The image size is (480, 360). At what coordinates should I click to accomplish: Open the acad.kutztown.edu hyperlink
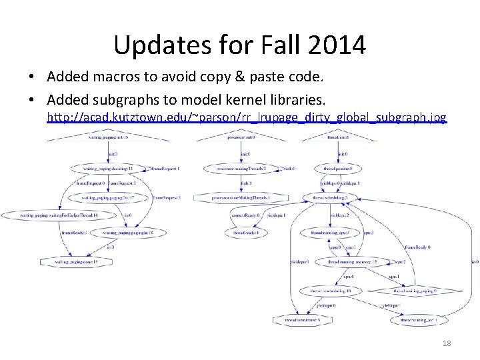pyautogui.click(x=246, y=118)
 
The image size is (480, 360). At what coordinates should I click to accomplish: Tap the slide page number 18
pyautogui.click(x=446, y=343)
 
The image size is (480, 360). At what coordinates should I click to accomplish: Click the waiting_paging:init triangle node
pyautogui.click(x=107, y=137)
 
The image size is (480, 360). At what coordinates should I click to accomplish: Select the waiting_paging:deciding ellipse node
pyautogui.click(x=107, y=169)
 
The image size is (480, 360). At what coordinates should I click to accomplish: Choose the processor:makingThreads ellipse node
pyautogui.click(x=241, y=169)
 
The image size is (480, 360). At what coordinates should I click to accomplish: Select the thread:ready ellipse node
pyautogui.click(x=245, y=233)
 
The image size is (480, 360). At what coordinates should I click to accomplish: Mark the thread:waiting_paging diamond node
pyautogui.click(x=415, y=291)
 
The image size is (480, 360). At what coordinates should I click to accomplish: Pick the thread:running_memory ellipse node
pyautogui.click(x=352, y=262)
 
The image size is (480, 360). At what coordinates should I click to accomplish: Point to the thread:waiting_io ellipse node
pyautogui.click(x=419, y=320)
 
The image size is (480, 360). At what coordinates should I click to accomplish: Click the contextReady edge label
pyautogui.click(x=245, y=215)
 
